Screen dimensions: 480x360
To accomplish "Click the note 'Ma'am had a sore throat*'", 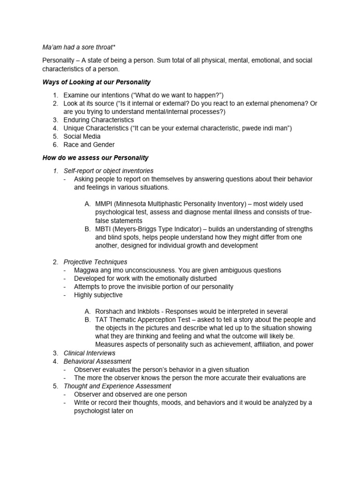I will (79, 47).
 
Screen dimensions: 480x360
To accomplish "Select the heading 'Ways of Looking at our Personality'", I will (96, 82).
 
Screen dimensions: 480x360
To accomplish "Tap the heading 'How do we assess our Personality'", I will (95, 157).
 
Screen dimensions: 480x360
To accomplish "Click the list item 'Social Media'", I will (82, 136).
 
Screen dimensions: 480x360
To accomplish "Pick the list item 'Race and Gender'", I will (89, 145).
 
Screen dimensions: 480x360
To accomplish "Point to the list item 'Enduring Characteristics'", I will (98, 120).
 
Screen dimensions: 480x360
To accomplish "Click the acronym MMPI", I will (103, 204).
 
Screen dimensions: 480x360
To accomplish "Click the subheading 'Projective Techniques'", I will (95, 262).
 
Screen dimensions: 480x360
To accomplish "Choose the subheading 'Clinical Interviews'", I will (89, 353).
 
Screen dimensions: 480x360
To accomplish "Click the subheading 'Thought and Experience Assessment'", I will (117, 386).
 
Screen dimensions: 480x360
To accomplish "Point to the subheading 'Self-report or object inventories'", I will (108, 171).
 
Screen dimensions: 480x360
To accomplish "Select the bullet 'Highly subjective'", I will (98, 295).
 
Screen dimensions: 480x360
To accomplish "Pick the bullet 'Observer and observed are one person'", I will (130, 394).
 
